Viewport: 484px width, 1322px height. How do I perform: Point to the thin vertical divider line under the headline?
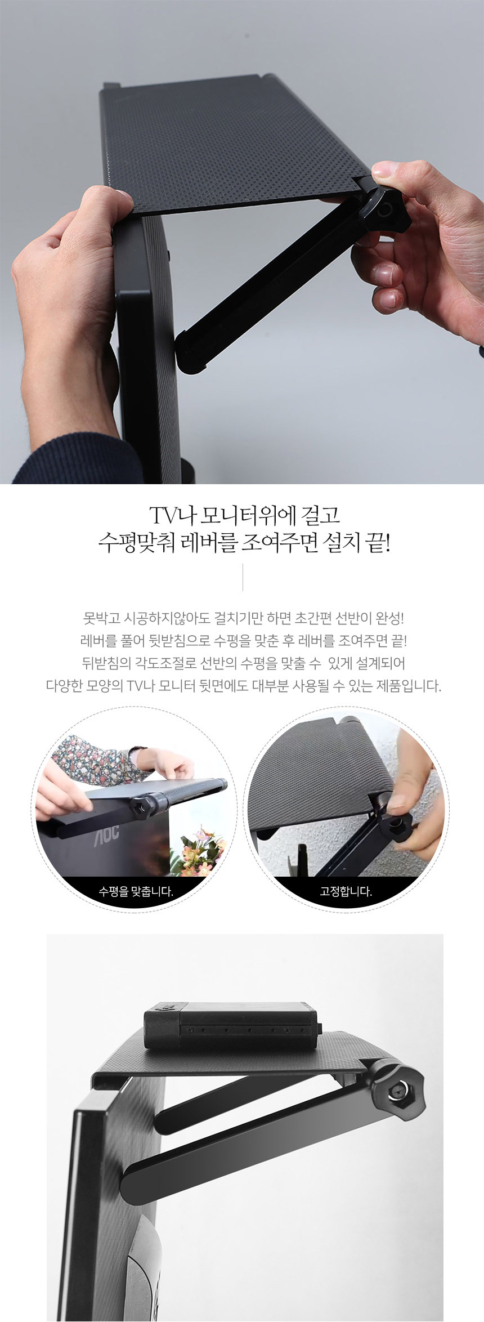point(243,577)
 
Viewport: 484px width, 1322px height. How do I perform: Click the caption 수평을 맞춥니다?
point(136,892)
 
